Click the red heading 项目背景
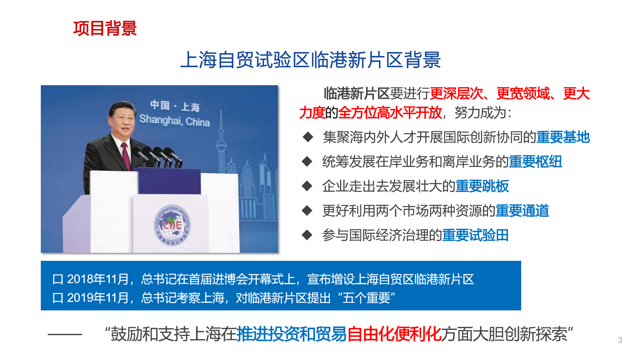105,28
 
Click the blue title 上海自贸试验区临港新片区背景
310,60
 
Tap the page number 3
620,340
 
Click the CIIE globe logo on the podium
172,226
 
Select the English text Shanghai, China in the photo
174,120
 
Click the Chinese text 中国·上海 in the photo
174,106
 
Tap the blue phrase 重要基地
563,137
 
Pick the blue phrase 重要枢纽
535,162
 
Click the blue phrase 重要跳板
482,186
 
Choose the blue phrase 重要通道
522,211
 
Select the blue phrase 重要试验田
476,236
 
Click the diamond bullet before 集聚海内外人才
308,137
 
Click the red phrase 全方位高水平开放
390,113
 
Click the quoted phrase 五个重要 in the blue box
366,298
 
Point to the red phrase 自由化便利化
394,334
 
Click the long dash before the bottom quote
65,334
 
